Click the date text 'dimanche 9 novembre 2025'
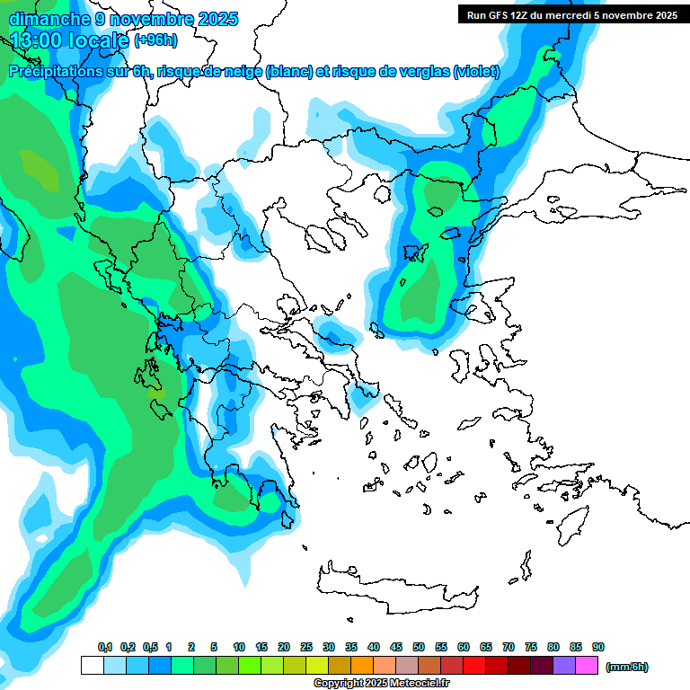click(x=123, y=18)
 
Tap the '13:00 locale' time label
click(x=70, y=40)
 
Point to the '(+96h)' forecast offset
click(x=156, y=40)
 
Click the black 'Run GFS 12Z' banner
click(x=569, y=14)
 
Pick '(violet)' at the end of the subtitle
click(x=476, y=72)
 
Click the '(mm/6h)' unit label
click(x=626, y=667)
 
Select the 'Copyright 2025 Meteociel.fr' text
click(x=381, y=684)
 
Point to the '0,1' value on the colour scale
click(x=104, y=648)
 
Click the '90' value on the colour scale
click(x=598, y=648)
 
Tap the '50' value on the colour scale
click(x=419, y=648)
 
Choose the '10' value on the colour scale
click(x=239, y=648)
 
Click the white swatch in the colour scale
click(x=92, y=666)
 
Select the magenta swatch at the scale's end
click(x=586, y=666)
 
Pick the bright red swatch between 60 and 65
click(x=473, y=666)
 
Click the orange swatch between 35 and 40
click(x=361, y=666)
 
